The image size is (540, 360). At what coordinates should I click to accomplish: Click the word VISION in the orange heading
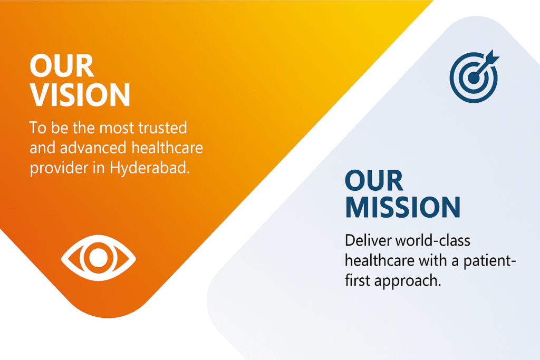click(80, 95)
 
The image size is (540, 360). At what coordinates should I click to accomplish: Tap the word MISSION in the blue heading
click(402, 207)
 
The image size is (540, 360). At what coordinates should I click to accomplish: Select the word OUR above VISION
click(62, 67)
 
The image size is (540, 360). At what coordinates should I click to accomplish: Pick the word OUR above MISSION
click(374, 181)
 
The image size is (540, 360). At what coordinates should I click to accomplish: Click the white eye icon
click(98, 257)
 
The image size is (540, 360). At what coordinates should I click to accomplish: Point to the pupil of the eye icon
click(98, 257)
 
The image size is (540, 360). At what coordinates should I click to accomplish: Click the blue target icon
click(474, 77)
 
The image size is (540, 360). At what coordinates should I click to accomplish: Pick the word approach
click(407, 281)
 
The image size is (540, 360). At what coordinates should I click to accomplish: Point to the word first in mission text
click(358, 280)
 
